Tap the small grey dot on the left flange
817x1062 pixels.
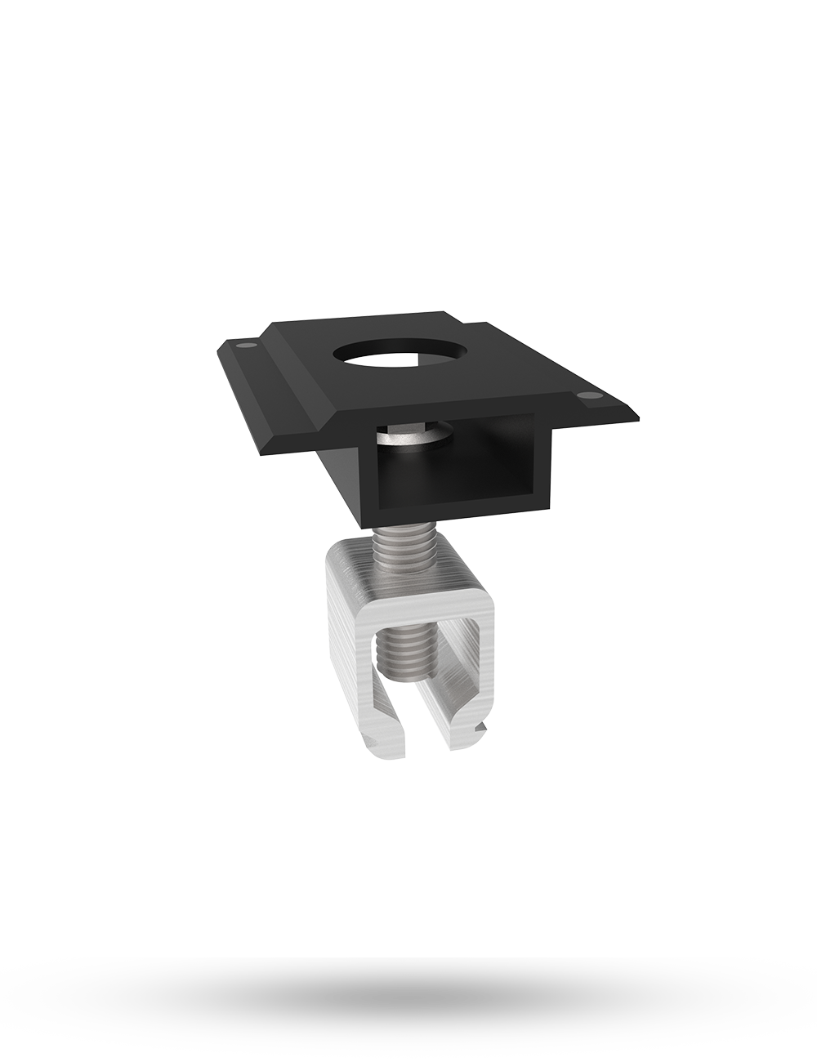pos(242,346)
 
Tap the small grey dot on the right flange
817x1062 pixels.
pos(586,398)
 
